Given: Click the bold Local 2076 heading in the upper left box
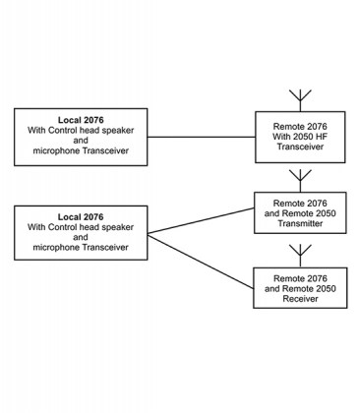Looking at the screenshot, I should coord(81,119).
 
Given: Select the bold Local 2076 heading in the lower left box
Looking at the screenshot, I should coord(81,215).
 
